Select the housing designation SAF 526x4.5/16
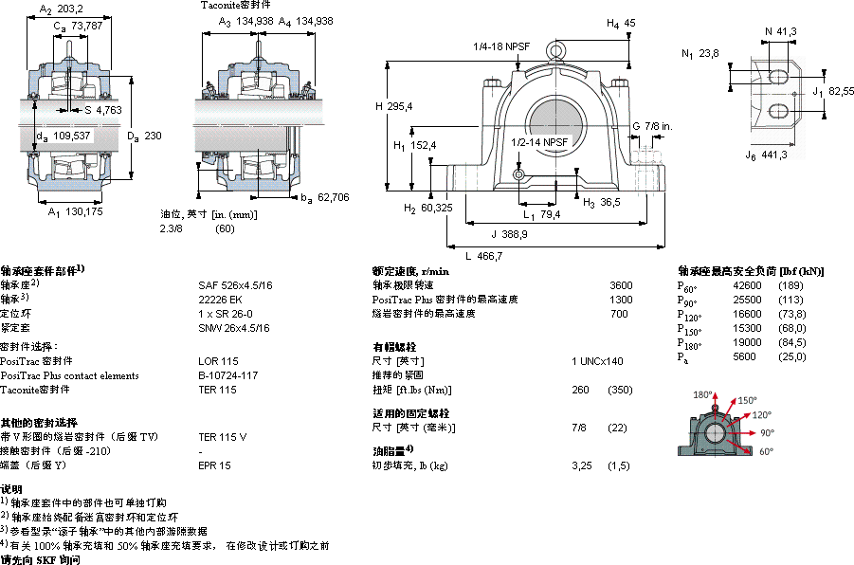(x=235, y=285)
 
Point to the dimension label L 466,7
(x=483, y=256)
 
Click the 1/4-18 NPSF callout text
(x=501, y=46)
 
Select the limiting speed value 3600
(x=620, y=285)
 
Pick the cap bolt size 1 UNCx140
(x=597, y=361)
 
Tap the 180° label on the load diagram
(x=701, y=395)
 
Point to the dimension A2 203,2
(x=63, y=9)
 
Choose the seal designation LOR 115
(x=217, y=361)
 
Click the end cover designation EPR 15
(x=214, y=465)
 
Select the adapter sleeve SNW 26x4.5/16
(x=234, y=328)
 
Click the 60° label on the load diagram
(x=766, y=451)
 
